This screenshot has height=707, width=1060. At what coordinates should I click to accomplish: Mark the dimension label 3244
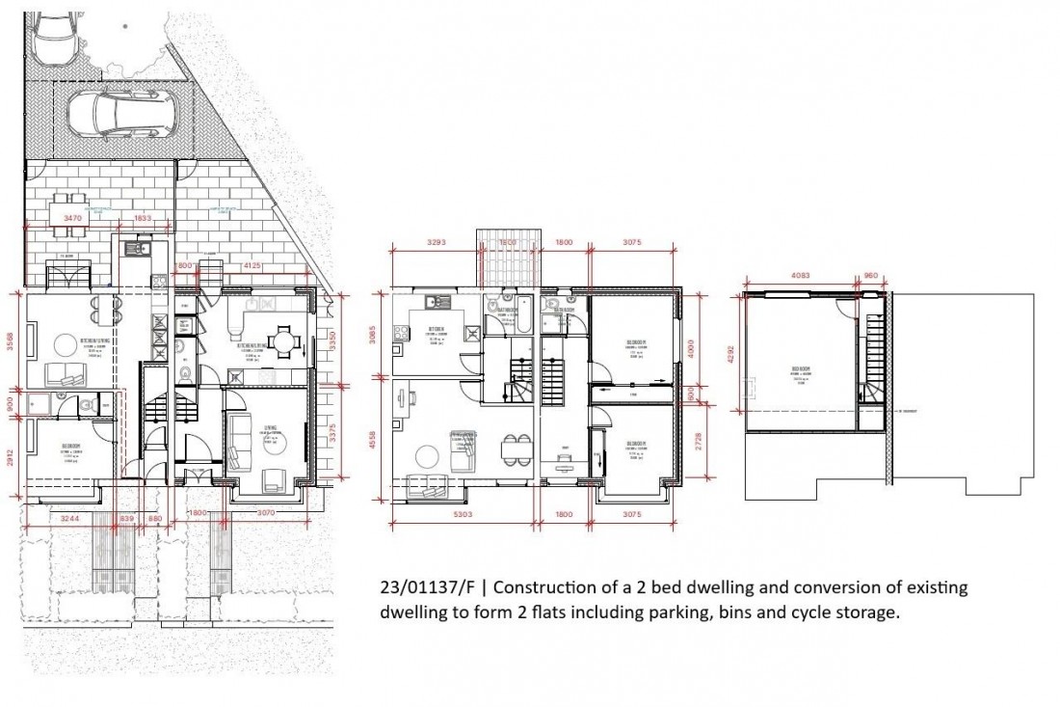click(x=69, y=519)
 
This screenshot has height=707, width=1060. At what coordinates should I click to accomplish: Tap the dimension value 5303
click(x=463, y=515)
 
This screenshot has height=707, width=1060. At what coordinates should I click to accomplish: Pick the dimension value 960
click(x=871, y=275)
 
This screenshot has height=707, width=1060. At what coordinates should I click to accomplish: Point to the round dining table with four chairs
click(x=283, y=340)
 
